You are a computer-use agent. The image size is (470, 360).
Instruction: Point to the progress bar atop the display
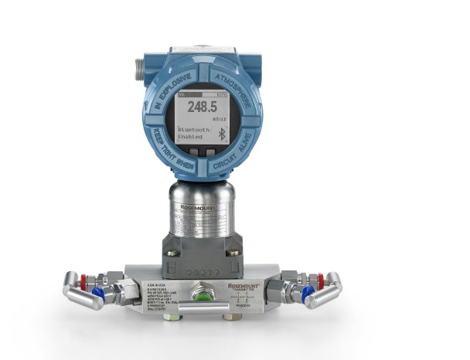pyautogui.click(x=203, y=94)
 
